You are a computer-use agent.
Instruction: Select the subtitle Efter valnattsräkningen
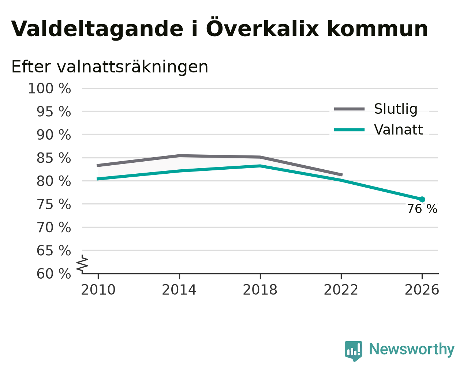coord(110,67)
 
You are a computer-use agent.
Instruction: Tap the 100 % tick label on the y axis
coord(49,89)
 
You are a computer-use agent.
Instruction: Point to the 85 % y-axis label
coord(53,158)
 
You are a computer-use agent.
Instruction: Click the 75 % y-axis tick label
coord(53,204)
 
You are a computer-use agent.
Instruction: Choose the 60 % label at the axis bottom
coord(53,274)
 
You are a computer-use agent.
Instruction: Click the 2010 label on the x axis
coord(98,290)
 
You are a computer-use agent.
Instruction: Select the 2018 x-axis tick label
coord(260,290)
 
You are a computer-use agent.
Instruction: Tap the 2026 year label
coord(422,290)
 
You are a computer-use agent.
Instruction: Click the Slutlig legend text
coord(396,109)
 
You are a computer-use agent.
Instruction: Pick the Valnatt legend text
coord(399,130)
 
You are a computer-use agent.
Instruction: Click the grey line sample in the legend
coord(349,109)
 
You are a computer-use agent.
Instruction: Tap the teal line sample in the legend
coord(349,130)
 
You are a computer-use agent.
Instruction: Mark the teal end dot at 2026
coord(422,200)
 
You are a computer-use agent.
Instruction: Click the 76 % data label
coord(422,209)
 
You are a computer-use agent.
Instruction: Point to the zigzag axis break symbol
coord(82,264)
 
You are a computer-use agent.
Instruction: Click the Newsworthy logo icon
coord(354,350)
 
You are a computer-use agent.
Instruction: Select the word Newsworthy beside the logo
coord(412,349)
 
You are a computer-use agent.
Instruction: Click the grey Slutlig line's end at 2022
coord(342,175)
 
